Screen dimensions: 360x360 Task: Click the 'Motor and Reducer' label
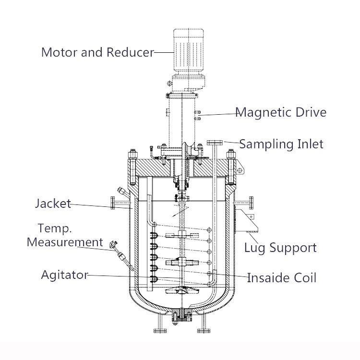[97, 52]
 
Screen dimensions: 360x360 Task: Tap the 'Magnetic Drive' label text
[281, 112]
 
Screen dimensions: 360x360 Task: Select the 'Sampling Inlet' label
[281, 144]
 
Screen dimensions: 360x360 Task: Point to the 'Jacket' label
[53, 204]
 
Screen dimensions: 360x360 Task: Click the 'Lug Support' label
[280, 248]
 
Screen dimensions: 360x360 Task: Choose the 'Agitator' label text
[64, 275]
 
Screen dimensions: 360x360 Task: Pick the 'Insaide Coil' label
[282, 277]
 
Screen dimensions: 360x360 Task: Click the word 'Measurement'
[65, 241]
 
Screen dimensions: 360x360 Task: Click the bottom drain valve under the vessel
[181, 316]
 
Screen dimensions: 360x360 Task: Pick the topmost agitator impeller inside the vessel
[180, 235]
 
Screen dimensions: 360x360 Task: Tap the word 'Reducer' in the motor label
[130, 52]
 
